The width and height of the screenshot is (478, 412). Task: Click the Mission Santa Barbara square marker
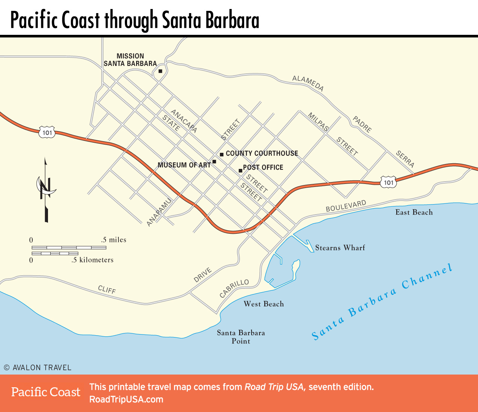pos(160,71)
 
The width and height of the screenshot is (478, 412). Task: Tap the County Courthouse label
pos(262,153)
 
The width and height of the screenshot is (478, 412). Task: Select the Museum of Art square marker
pos(214,162)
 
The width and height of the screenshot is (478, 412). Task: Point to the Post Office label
pos(263,167)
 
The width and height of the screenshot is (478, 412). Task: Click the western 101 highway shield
pos(47,132)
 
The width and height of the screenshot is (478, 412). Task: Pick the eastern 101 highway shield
pos(388,182)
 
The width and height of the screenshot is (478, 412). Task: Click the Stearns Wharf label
pos(340,248)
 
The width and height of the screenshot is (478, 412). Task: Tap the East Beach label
pos(414,212)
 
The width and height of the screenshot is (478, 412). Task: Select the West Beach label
pos(264,304)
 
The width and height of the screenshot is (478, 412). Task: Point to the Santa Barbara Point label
pos(241,337)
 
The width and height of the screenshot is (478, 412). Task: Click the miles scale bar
pos(69,248)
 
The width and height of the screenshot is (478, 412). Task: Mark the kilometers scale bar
pos(55,254)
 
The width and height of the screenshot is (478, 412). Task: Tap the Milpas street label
pos(318,122)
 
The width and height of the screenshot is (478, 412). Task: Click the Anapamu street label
pos(159,212)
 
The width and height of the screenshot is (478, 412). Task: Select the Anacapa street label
pos(184,121)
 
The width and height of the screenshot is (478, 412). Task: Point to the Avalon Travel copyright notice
pos(37,367)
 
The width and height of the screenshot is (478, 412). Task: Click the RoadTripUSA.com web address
pos(126,399)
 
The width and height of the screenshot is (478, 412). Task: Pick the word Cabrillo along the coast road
pos(234,288)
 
